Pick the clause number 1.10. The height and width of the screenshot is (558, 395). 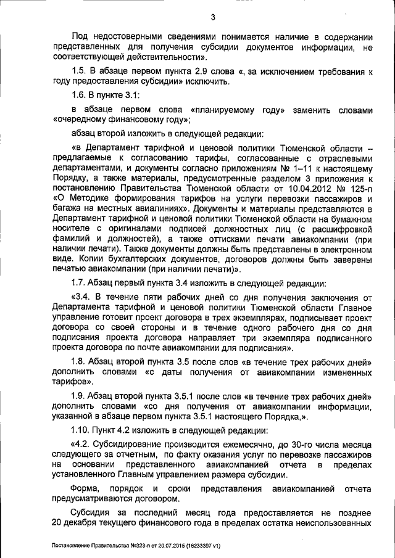(x=81, y=429)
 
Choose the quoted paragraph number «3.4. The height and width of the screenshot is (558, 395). (x=83, y=297)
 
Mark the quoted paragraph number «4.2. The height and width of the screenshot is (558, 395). (x=83, y=445)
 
